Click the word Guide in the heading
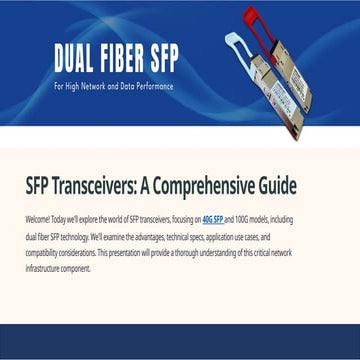(x=313, y=187)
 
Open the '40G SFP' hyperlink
(x=213, y=218)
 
